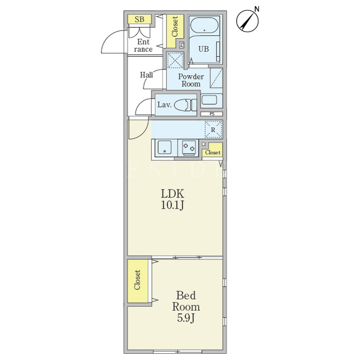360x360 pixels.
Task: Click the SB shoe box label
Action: click(x=139, y=19)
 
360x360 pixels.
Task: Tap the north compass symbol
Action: click(x=248, y=20)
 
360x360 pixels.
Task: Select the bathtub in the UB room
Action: click(x=204, y=25)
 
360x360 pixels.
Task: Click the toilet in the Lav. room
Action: click(x=186, y=105)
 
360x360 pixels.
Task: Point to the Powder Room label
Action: click(x=191, y=80)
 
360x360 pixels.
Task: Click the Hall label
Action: click(x=146, y=75)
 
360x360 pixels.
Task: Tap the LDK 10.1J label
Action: click(x=173, y=199)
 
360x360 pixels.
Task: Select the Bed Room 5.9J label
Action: click(x=186, y=307)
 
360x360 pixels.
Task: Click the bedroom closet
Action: click(x=138, y=281)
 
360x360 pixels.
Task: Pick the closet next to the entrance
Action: click(x=175, y=31)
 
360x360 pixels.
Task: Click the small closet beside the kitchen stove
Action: click(x=213, y=150)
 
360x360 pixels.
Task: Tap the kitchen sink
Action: click(x=164, y=147)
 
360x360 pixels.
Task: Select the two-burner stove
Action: click(x=189, y=147)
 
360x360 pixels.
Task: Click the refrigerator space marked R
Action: click(x=213, y=129)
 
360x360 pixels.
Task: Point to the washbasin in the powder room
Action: click(x=209, y=100)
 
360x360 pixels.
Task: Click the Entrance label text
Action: click(x=143, y=46)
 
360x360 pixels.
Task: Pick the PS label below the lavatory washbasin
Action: click(x=212, y=114)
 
